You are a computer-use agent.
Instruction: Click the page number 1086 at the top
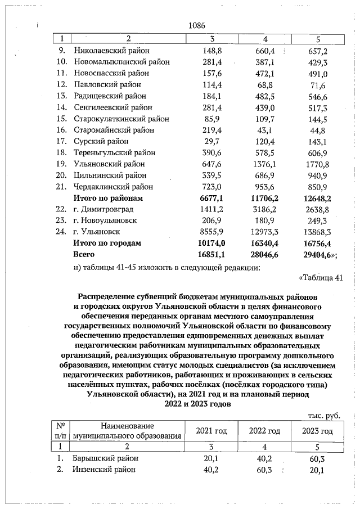(196, 25)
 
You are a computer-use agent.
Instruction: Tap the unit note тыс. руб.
(325, 416)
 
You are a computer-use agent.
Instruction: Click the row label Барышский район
(105, 458)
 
